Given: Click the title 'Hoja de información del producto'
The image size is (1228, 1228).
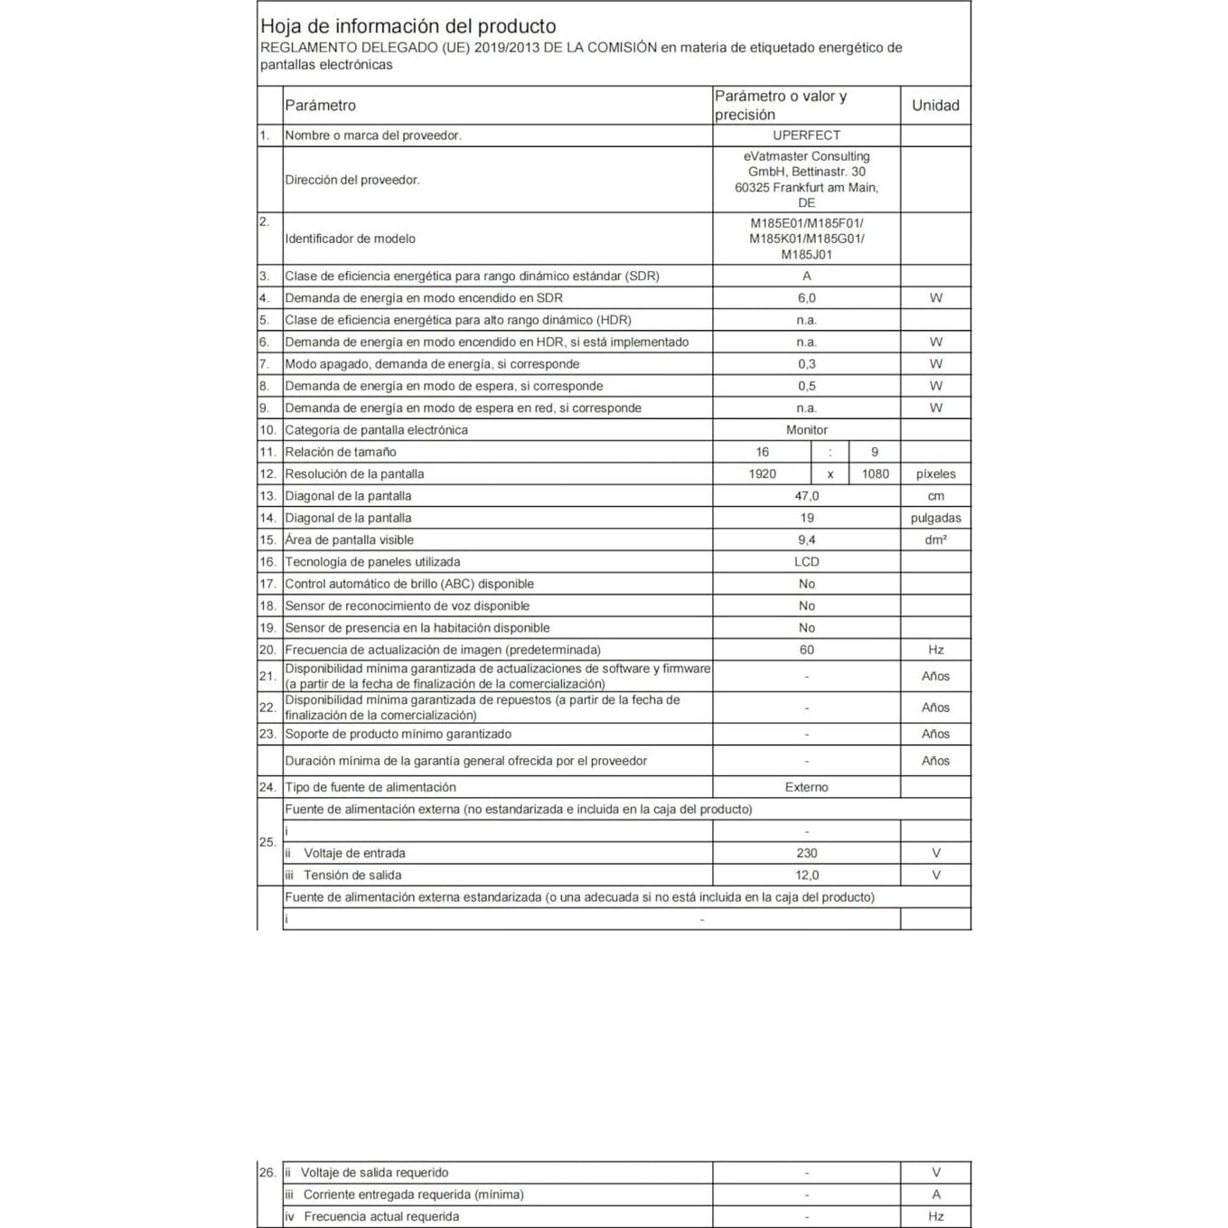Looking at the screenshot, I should (408, 26).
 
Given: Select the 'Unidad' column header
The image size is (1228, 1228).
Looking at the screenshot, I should (935, 106).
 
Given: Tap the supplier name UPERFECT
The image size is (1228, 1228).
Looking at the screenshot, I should (806, 136).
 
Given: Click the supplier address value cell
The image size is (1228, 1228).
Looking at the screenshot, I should (806, 180).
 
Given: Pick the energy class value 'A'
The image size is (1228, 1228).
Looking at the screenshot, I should (806, 277).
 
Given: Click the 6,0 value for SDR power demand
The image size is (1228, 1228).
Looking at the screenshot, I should (806, 298).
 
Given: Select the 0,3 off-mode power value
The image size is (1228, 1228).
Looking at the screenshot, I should (806, 364).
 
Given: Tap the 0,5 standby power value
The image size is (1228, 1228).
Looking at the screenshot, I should (806, 386).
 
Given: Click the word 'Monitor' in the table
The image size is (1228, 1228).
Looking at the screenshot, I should (806, 430).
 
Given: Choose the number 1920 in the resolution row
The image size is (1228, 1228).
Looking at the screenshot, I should (763, 474).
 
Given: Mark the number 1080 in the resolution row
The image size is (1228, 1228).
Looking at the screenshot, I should (875, 474).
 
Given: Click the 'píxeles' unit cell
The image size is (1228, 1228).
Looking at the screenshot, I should (935, 474).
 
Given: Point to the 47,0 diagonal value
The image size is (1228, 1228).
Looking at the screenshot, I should (806, 496).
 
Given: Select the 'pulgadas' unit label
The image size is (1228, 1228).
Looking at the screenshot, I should (935, 519).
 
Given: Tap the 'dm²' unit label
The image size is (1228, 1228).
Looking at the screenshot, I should (935, 540).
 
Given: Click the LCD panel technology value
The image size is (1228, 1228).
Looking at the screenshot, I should (806, 562).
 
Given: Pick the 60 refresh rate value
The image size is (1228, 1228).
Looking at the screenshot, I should (806, 650).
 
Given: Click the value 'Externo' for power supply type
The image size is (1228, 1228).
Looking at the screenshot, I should (806, 788).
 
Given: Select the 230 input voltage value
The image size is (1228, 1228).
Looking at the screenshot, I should (806, 853).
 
